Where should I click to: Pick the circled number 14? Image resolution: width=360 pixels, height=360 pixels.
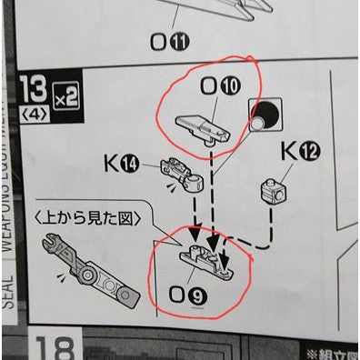coord(133,164)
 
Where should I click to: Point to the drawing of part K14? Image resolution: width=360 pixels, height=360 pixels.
coord(181,172)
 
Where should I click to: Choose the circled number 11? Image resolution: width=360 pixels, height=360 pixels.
coord(181,41)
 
